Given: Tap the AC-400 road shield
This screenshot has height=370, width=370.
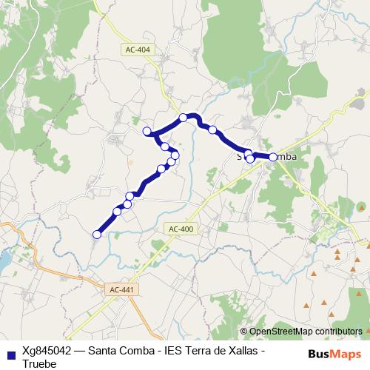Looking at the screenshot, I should (181, 229).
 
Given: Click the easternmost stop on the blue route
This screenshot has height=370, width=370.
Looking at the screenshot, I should (273, 157).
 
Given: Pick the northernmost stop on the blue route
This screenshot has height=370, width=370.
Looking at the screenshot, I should (183, 118).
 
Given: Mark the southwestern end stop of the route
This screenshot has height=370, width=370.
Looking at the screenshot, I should (96, 235).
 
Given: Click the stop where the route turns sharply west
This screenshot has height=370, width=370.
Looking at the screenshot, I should (147, 132).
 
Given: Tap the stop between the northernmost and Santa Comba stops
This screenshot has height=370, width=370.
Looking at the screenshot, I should (212, 130).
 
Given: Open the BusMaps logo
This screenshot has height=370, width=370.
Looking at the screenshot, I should (334, 353).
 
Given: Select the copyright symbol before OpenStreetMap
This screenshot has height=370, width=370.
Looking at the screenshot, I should (243, 331).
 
